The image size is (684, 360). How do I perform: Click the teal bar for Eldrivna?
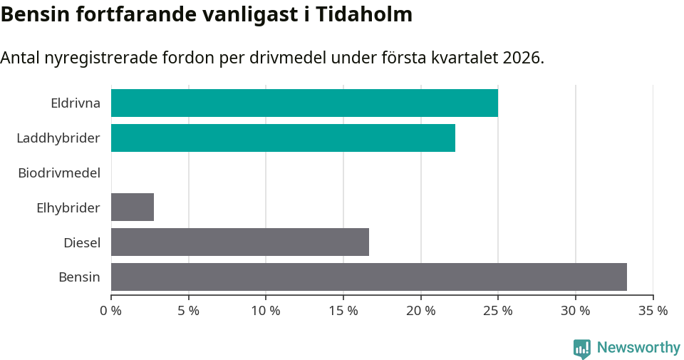[x=304, y=103]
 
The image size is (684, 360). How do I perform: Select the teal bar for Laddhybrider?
[x=283, y=138]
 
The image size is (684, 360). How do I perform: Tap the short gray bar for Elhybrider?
[x=133, y=207]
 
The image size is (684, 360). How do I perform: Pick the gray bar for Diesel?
[x=240, y=242]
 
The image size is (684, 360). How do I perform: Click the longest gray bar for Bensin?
[x=369, y=277]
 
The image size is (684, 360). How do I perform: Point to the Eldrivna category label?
[x=76, y=103]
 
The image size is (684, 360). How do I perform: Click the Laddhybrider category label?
[x=58, y=138]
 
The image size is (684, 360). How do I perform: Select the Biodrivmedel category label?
[x=59, y=173]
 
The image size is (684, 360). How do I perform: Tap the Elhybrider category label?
[x=68, y=208]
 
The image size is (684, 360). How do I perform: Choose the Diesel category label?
[x=82, y=243]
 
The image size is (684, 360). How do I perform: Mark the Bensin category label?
[x=79, y=277]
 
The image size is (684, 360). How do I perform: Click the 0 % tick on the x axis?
[x=111, y=311]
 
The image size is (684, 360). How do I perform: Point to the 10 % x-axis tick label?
[x=266, y=311]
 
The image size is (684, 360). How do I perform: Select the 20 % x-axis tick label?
[x=420, y=311]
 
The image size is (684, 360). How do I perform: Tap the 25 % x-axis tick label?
[x=498, y=311]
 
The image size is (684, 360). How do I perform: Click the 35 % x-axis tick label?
[x=653, y=311]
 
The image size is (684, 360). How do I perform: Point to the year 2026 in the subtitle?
[x=520, y=58]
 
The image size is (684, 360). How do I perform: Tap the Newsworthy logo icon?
[x=582, y=349]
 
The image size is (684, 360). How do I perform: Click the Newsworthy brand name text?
[x=638, y=348]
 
